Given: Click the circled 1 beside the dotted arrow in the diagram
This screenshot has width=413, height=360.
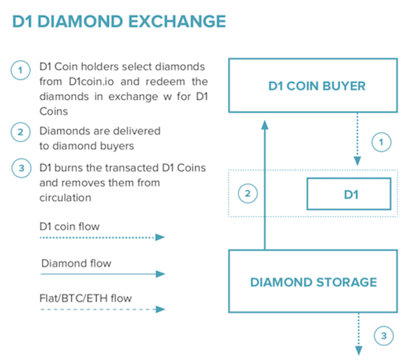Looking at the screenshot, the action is [381, 142].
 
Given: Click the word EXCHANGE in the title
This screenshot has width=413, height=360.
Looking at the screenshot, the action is [177, 22].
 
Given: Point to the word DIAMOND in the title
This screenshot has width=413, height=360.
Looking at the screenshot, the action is [80, 22].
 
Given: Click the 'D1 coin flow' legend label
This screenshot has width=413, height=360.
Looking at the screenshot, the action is [69, 227].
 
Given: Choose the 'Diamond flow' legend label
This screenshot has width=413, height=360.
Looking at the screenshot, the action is [76, 263].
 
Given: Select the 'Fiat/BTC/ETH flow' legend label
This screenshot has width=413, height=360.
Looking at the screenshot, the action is [86, 298].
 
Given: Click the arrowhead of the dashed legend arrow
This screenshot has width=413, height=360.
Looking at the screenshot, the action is [160, 309].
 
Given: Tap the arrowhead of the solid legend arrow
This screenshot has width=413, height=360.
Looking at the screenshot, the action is [160, 274].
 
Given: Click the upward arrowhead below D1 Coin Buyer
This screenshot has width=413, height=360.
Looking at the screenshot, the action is [265, 124].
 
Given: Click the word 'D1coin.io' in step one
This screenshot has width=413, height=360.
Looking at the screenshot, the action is [91, 81].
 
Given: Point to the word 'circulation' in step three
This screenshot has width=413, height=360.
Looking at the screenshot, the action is [65, 197].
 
